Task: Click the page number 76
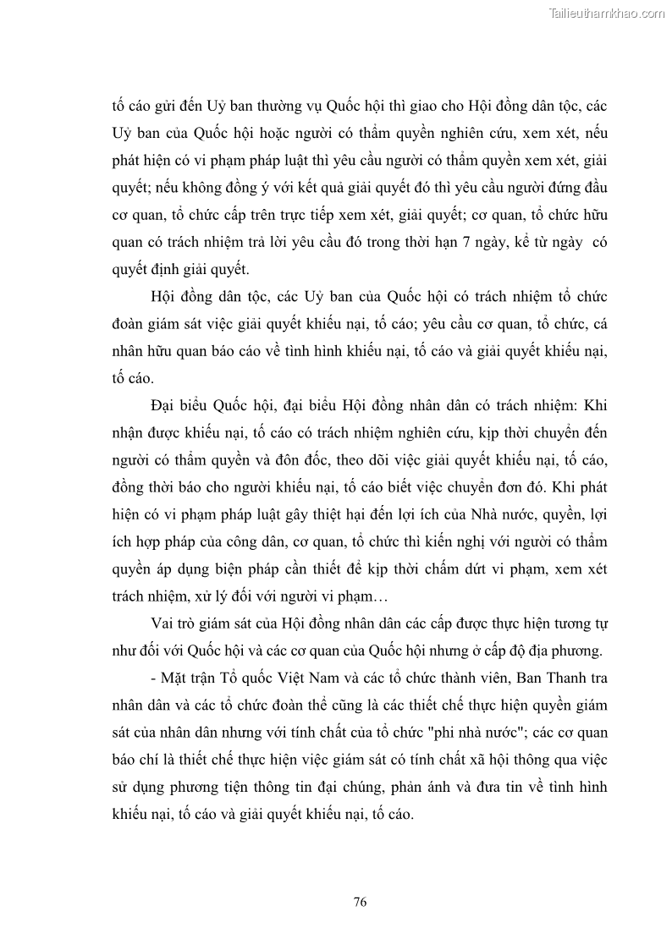pyautogui.click(x=360, y=902)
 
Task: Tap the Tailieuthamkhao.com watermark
pyautogui.click(x=608, y=13)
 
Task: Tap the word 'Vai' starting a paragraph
pyautogui.click(x=162, y=624)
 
